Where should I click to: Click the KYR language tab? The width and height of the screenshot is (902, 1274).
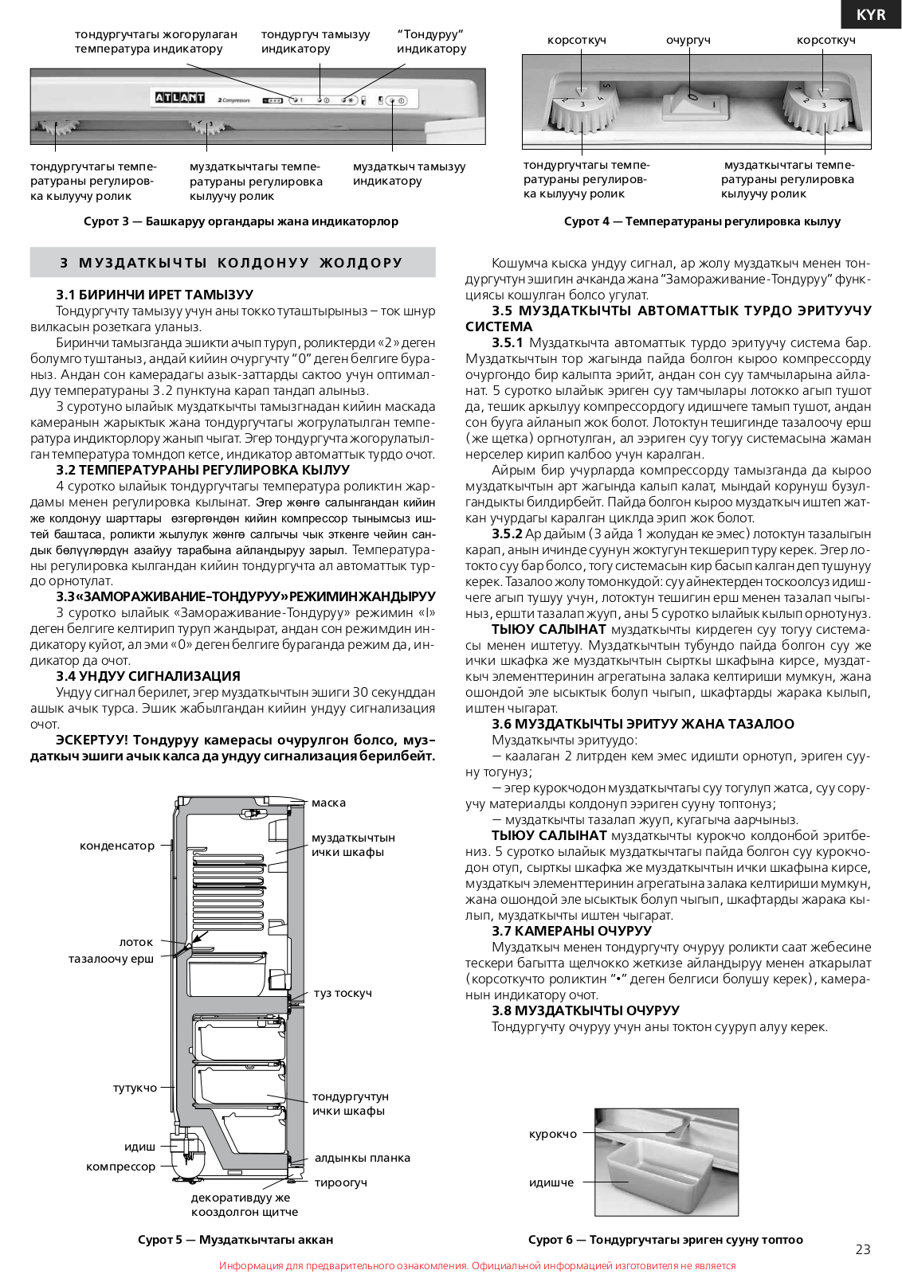click(x=871, y=15)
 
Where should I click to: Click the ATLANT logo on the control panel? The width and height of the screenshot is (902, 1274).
click(x=179, y=98)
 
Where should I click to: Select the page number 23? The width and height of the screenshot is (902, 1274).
click(x=863, y=1249)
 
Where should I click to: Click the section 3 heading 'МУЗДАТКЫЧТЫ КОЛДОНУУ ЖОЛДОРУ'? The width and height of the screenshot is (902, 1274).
click(x=232, y=263)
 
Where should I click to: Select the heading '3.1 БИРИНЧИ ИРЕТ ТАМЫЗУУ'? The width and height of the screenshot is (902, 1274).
click(x=155, y=295)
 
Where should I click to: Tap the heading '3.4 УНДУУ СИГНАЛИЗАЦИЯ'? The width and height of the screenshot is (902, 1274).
click(x=148, y=676)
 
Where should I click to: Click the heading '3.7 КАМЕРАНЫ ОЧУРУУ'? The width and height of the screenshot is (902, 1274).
click(x=571, y=931)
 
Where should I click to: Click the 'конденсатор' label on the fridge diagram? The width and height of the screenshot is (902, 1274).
click(x=117, y=846)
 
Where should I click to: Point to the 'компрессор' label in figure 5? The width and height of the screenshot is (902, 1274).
click(x=120, y=1167)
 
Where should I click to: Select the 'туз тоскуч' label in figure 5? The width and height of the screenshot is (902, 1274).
click(x=343, y=993)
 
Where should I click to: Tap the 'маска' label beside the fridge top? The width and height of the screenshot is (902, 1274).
click(x=328, y=803)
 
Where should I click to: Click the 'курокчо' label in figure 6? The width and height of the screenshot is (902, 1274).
click(x=553, y=1134)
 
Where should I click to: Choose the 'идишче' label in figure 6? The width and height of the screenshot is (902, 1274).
click(x=551, y=1182)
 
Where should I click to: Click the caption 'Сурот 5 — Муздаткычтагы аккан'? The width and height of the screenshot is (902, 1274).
click(x=235, y=1240)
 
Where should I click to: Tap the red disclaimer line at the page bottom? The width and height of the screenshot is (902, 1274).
click(x=477, y=1265)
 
